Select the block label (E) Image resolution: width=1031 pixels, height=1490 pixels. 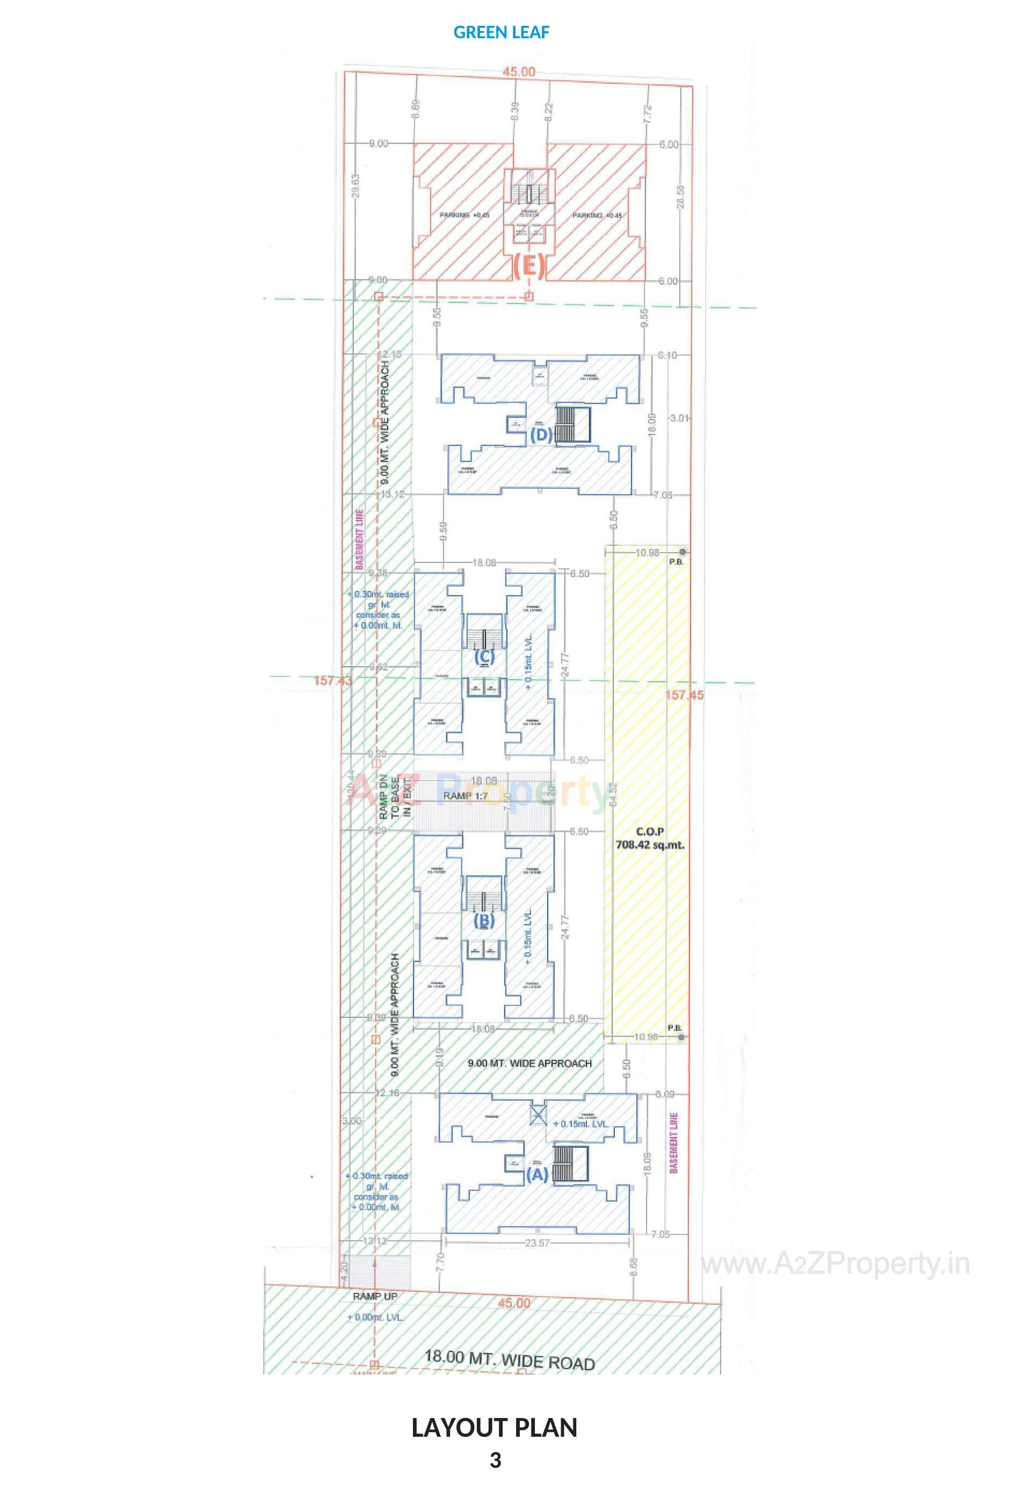coord(529,266)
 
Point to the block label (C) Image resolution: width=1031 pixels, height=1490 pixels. coord(484,657)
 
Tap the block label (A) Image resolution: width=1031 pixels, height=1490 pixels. coord(537,1175)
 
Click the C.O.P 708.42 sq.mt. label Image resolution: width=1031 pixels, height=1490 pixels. coord(650,838)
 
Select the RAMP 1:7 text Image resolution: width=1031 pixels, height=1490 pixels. coord(465,796)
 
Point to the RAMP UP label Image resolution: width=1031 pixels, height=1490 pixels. coord(375,1296)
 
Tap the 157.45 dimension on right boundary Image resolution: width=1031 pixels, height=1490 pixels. coord(684,695)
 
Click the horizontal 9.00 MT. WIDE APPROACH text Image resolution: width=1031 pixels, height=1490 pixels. coord(529,1063)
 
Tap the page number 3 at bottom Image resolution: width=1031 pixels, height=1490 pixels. coord(495,1460)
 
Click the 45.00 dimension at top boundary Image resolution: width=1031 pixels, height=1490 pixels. coord(519,72)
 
